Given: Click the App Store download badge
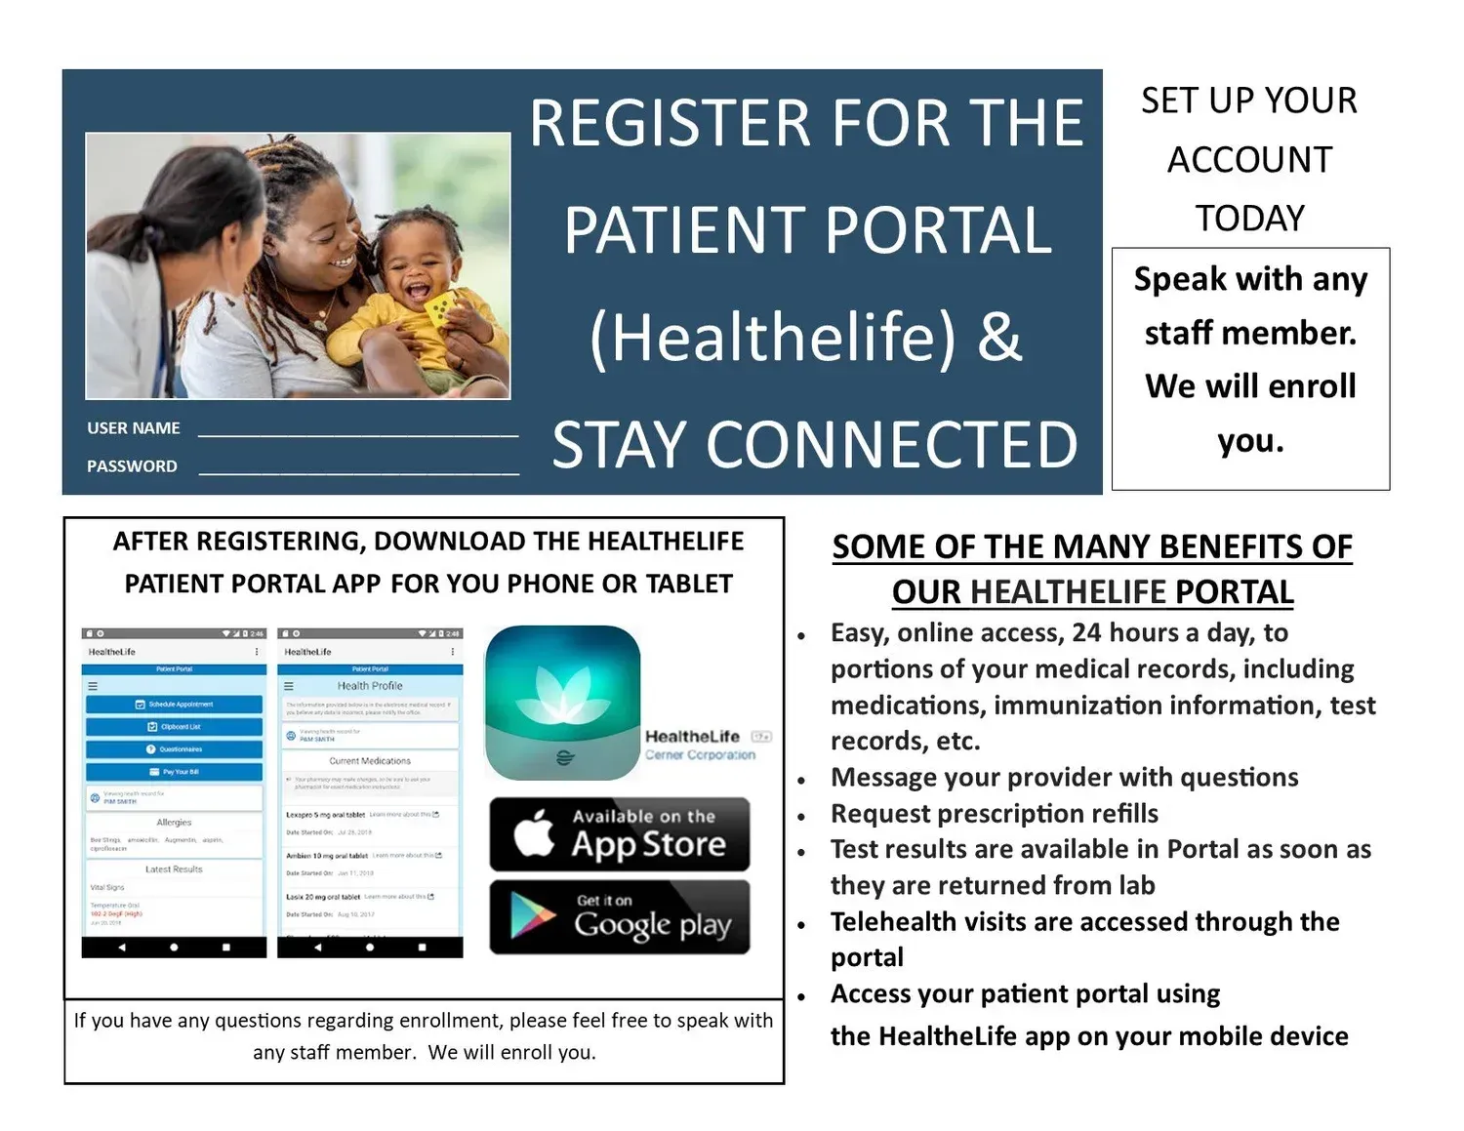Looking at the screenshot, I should (x=620, y=834).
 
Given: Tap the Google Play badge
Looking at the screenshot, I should (x=620, y=917).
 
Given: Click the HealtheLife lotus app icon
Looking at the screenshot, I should (x=563, y=702).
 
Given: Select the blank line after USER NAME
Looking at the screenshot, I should (x=357, y=431).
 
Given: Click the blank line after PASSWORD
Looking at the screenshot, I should (x=358, y=469).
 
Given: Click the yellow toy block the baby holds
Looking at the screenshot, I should (x=440, y=309).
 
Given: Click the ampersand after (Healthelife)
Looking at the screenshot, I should (x=998, y=337).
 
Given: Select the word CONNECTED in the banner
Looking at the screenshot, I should (x=891, y=445).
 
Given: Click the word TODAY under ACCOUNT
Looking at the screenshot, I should (x=1250, y=219).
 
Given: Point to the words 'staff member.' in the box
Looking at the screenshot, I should (x=1250, y=334).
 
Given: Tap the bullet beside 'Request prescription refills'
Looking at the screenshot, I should (x=801, y=816).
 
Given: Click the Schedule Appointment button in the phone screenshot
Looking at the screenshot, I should (x=175, y=705).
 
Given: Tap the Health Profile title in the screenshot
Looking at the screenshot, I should (x=370, y=686).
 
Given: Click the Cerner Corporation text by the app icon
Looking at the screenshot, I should (x=700, y=755).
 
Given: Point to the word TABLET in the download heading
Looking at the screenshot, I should (x=689, y=585).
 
